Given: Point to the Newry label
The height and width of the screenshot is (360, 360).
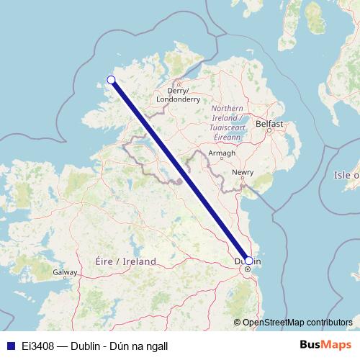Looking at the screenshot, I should pos(243,173).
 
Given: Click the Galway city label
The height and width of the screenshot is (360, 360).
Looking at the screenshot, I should pos(64,272).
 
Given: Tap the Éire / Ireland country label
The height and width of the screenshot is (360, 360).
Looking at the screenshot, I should pos(125,261).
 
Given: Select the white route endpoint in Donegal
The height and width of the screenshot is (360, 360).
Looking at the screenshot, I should pos(112,80).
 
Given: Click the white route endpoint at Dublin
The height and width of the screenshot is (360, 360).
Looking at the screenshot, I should pos(248,261).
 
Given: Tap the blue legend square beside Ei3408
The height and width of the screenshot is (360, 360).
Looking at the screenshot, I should pos(7,345).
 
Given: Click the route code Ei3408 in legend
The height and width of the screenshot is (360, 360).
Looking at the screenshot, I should pos(35,345).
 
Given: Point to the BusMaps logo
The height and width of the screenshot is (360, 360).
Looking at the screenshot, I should pos(326,345).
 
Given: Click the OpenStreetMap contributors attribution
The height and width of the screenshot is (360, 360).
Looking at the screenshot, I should pos(297,322).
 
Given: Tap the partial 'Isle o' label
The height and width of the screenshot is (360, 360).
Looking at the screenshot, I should pos(346,175).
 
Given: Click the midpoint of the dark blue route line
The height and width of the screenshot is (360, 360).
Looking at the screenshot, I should pos(180,171).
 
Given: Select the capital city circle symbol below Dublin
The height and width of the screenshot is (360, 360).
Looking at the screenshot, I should pos(247,269).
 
